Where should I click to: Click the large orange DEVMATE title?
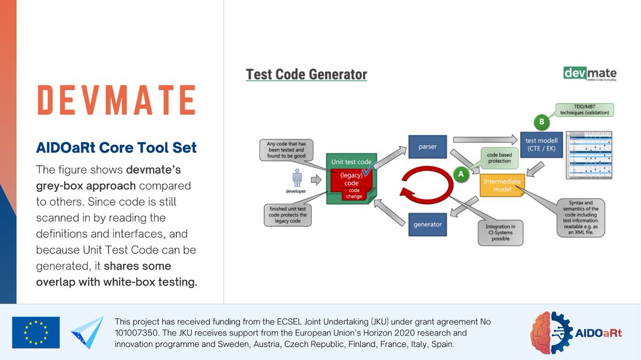116,100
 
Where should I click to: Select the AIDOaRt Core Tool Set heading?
116,147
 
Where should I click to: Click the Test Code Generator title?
306,74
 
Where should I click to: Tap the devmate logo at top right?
590,74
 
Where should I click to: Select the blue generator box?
427,224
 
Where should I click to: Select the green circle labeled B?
541,122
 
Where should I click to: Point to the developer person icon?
298,179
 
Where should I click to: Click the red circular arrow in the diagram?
427,184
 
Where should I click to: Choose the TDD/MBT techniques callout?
584,109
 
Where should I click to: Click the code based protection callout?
499,158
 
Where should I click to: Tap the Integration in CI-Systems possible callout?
501,233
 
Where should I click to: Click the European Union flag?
36,332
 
